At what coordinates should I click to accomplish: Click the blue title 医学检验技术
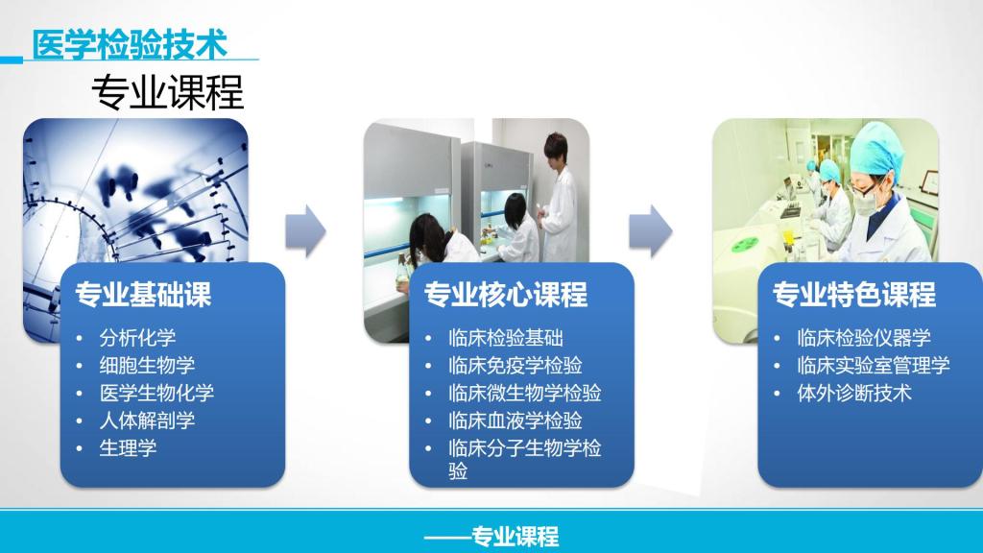pyautogui.click(x=130, y=45)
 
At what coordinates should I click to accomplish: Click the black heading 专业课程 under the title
pyautogui.click(x=167, y=92)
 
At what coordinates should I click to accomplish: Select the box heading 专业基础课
pyautogui.click(x=144, y=294)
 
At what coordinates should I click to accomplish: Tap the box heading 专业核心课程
pyautogui.click(x=505, y=294)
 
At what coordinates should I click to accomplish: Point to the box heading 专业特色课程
pyautogui.click(x=853, y=294)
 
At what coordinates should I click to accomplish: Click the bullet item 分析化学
pyautogui.click(x=138, y=338)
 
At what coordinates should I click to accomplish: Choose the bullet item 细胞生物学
pyautogui.click(x=147, y=366)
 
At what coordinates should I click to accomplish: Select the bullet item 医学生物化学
pyautogui.click(x=156, y=393)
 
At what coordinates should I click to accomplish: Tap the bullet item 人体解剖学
pyautogui.click(x=147, y=421)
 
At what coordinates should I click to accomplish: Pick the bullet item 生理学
pyautogui.click(x=128, y=447)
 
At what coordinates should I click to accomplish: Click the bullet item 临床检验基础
pyautogui.click(x=506, y=338)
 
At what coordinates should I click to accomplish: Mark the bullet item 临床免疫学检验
pyautogui.click(x=515, y=366)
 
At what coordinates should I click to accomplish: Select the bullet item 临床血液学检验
pyautogui.click(x=515, y=421)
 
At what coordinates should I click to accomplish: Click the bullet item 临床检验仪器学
pyautogui.click(x=864, y=338)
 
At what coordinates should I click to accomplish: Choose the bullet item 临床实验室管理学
pyautogui.click(x=874, y=366)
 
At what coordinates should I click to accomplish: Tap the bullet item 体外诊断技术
pyautogui.click(x=854, y=393)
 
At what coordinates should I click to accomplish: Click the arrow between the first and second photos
pyautogui.click(x=306, y=230)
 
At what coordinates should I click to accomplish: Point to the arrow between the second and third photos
pyautogui.click(x=651, y=230)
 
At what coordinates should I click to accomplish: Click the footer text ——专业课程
pyautogui.click(x=491, y=537)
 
